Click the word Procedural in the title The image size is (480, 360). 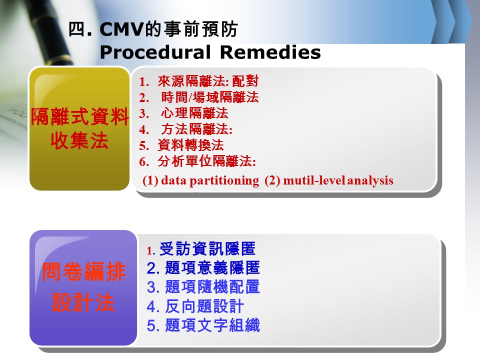click(155, 52)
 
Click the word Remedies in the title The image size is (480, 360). click(270, 52)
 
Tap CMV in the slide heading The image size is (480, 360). click(121, 29)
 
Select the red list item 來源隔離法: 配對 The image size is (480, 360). click(208, 81)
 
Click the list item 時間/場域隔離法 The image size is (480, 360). click(209, 97)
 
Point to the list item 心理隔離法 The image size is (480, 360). click(194, 113)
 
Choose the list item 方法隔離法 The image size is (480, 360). click(196, 129)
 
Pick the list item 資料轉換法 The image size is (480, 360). click(190, 145)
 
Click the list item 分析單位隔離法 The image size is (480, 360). click(206, 161)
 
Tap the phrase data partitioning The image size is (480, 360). click(210, 180)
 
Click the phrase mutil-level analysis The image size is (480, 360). click(338, 180)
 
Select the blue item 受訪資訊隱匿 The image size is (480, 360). click(207, 249)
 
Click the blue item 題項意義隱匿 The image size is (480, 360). click(212, 268)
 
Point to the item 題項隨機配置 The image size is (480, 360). click(212, 287)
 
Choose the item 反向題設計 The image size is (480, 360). click(204, 306)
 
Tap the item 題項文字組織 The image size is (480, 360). click(212, 325)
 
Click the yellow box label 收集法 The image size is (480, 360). click(79, 141)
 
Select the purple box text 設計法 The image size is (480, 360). click(83, 302)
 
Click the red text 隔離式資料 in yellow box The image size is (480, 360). click(79, 116)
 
